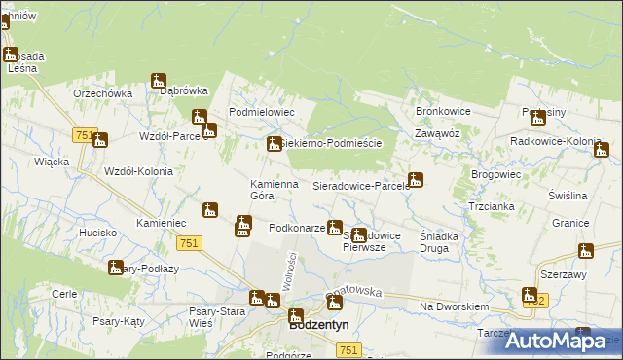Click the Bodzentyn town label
(319, 326)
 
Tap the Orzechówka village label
(102, 93)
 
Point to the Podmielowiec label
(261, 113)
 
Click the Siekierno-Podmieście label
(332, 143)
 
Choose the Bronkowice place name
(443, 112)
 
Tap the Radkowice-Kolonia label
(556, 141)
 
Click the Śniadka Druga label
(445, 241)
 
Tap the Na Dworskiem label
(454, 306)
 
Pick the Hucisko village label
(98, 234)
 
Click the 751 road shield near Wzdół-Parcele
(82, 136)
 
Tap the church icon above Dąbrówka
(159, 81)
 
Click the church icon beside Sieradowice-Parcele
(416, 179)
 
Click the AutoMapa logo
(560, 340)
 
